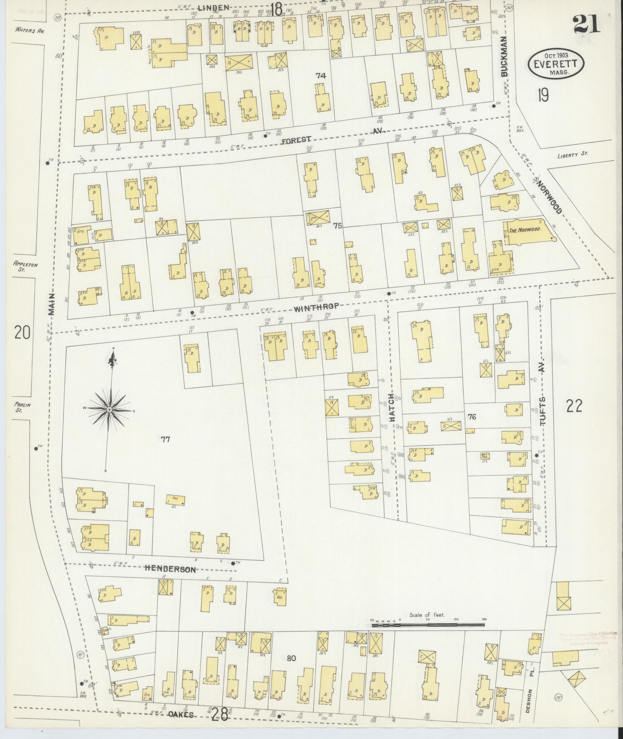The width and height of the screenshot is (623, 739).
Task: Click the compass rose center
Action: [x=110, y=409]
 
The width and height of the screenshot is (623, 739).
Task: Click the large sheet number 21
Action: [x=586, y=24]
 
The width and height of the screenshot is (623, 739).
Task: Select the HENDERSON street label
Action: [x=170, y=569]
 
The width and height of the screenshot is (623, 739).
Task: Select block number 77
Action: [x=165, y=439]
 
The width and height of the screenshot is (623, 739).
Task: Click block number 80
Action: [x=291, y=658]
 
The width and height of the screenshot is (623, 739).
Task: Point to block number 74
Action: [x=321, y=76]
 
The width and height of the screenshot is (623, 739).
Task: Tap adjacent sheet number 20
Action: [x=22, y=332]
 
